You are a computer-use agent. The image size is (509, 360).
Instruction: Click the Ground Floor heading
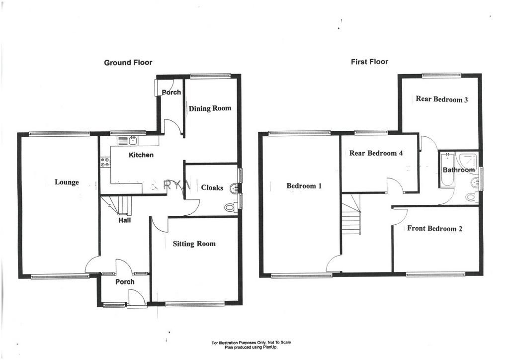(x=128, y=62)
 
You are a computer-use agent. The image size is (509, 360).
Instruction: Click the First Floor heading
(x=369, y=61)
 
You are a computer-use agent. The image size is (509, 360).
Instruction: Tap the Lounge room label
(x=67, y=182)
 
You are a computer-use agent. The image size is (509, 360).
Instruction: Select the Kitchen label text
(x=141, y=155)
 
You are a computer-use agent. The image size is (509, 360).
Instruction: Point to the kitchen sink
(x=128, y=141)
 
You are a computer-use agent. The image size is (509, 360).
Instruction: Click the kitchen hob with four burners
(x=105, y=162)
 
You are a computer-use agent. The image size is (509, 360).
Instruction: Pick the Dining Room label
(x=210, y=108)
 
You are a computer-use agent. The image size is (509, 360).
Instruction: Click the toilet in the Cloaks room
(x=231, y=207)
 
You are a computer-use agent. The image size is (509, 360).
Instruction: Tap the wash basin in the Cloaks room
(x=234, y=188)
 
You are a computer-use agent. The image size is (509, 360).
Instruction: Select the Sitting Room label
(x=194, y=244)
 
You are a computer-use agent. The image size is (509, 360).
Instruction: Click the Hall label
(x=125, y=220)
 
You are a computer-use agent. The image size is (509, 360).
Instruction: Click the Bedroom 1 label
(x=304, y=185)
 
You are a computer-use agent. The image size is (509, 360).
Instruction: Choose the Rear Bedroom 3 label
(x=442, y=99)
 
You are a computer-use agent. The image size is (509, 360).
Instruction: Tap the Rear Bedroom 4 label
(x=376, y=153)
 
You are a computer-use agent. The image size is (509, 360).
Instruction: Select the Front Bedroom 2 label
(x=434, y=229)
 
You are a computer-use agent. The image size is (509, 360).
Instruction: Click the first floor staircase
(x=351, y=214)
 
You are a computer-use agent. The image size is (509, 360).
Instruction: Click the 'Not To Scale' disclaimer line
(x=251, y=343)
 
